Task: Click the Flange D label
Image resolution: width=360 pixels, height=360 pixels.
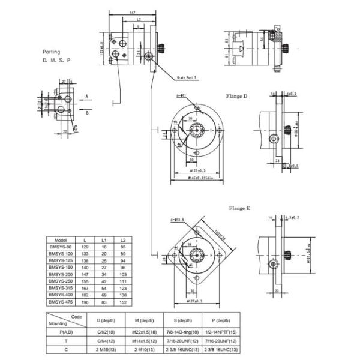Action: (x=236, y=95)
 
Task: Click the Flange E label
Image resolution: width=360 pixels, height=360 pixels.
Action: (x=239, y=208)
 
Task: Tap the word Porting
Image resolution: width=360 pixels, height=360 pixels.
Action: (x=52, y=52)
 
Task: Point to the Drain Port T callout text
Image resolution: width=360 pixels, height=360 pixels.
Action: (x=188, y=77)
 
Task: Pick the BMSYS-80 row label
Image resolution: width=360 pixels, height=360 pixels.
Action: (x=59, y=247)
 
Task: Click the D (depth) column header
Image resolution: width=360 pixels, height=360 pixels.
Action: (x=106, y=320)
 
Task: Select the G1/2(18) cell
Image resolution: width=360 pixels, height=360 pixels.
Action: (x=106, y=331)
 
